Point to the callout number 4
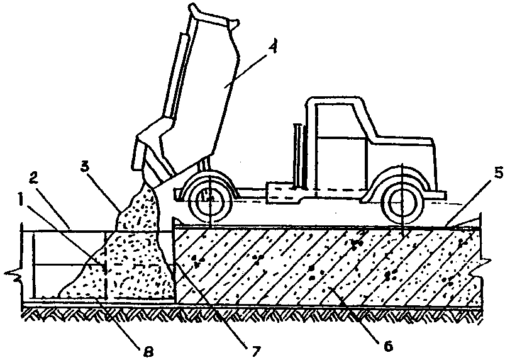272,47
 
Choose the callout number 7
255,351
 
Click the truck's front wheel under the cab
402,202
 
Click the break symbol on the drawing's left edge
13,274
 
